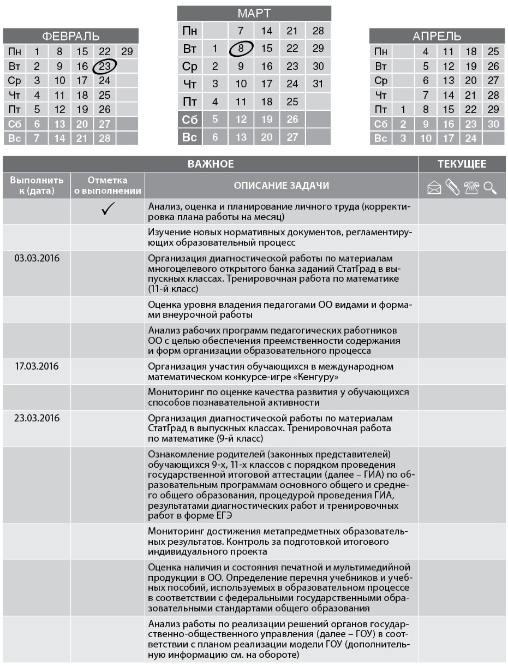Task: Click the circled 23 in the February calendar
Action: tap(105, 67)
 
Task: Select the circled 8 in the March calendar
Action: tap(241, 48)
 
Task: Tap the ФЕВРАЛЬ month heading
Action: tap(71, 37)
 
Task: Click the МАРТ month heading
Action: tap(254, 14)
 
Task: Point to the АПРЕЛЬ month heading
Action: tap(437, 37)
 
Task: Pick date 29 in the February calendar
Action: tap(127, 52)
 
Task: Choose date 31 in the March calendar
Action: tap(318, 84)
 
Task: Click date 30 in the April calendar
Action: tap(493, 124)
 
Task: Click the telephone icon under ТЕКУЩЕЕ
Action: tap(471, 188)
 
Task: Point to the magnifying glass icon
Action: tap(490, 188)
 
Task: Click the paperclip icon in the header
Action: tap(452, 187)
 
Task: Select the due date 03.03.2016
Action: tap(37, 258)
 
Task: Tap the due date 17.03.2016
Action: tap(37, 366)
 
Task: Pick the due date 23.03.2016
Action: tap(37, 418)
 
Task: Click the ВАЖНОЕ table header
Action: tap(211, 164)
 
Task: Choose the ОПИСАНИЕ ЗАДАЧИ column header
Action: tap(282, 186)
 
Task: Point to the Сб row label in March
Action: tap(189, 119)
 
